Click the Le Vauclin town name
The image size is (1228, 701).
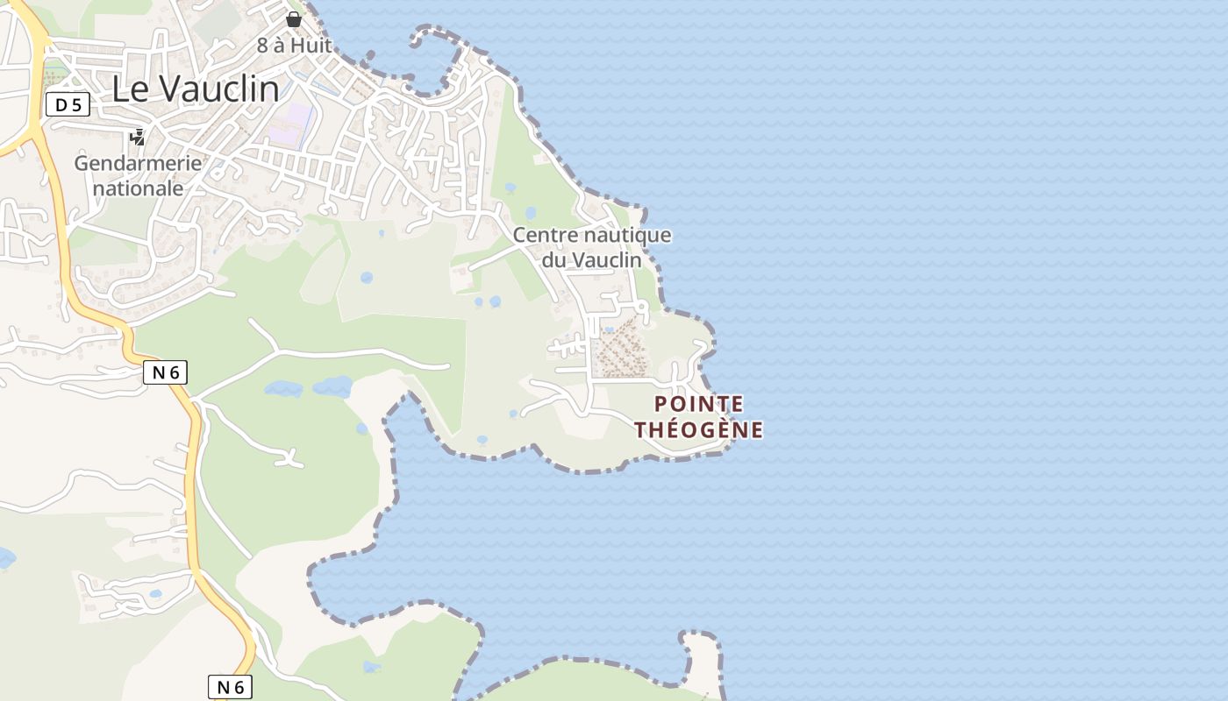coord(196,89)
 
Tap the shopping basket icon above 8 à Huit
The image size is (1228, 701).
coord(294,18)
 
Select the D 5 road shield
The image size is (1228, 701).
coord(68,105)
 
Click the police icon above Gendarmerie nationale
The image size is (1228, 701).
coord(137,137)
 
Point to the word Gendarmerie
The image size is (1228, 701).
coord(138,163)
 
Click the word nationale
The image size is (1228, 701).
coord(139,188)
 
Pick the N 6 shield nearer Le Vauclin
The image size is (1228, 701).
coord(165,372)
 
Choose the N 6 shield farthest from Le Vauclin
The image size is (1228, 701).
coord(230,687)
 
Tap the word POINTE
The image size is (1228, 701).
coord(699,404)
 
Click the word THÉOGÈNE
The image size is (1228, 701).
coord(699,430)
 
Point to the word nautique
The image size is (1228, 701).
coord(625,235)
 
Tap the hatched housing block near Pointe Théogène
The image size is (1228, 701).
coord(621,348)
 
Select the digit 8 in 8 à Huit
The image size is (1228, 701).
coord(262,46)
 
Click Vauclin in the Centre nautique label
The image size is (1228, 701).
coord(607,260)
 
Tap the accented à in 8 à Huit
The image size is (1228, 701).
coord(279,46)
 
